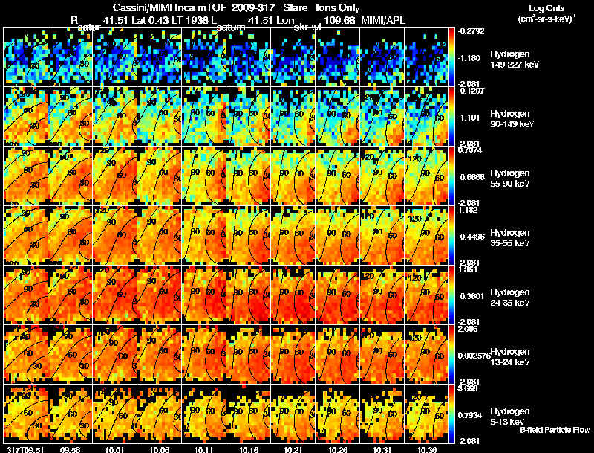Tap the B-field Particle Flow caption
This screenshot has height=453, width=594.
coord(554,430)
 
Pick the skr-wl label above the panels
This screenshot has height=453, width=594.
coord(307,28)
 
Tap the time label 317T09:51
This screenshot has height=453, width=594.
coord(25,449)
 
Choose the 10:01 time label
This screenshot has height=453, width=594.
coord(115,449)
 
